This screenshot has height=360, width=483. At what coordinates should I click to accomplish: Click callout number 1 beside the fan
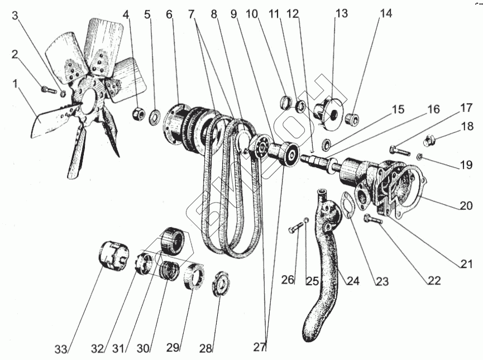click(15, 84)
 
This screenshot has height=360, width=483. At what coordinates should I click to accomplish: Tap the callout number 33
click(62, 349)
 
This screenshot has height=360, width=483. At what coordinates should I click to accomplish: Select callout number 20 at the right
click(467, 205)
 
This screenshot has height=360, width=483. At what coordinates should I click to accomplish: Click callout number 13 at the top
click(341, 13)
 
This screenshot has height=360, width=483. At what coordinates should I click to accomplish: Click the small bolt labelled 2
click(49, 88)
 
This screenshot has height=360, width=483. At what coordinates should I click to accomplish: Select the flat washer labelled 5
click(154, 118)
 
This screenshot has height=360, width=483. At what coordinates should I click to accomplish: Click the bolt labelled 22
click(373, 220)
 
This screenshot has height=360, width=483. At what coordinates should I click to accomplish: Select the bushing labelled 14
click(353, 119)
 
